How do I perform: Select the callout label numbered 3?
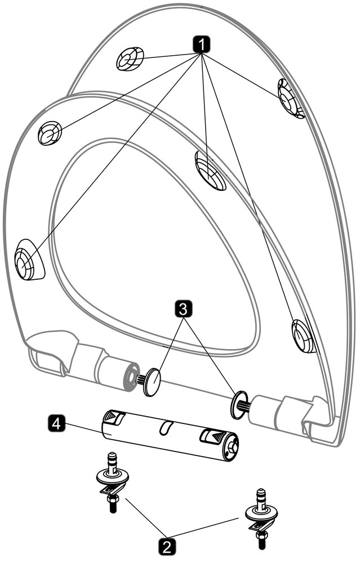[x=183, y=309]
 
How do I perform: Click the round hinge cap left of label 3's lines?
[x=152, y=382]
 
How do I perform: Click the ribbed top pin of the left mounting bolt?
[x=113, y=462]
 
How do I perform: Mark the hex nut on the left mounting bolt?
[x=112, y=499]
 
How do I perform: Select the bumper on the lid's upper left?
[x=130, y=59]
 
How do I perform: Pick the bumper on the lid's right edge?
[x=291, y=98]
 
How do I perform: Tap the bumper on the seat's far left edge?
[x=28, y=259]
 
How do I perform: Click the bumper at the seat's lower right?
[x=303, y=336]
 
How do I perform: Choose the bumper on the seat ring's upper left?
[x=50, y=133]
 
